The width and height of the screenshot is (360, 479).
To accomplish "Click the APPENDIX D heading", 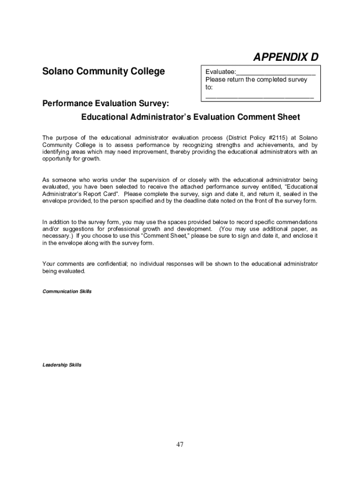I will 286,57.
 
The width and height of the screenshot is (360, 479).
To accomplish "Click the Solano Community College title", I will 103,72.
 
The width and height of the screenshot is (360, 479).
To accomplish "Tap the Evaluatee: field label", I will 220,72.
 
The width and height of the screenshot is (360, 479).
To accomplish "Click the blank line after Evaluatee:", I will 275,73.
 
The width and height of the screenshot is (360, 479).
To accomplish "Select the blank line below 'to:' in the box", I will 259,96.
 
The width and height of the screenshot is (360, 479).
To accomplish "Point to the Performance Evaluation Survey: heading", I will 106,103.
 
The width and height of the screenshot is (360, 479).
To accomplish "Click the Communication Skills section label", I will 67,291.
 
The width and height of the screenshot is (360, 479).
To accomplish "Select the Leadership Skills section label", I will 62,365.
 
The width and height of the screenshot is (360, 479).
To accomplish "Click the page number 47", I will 180,444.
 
